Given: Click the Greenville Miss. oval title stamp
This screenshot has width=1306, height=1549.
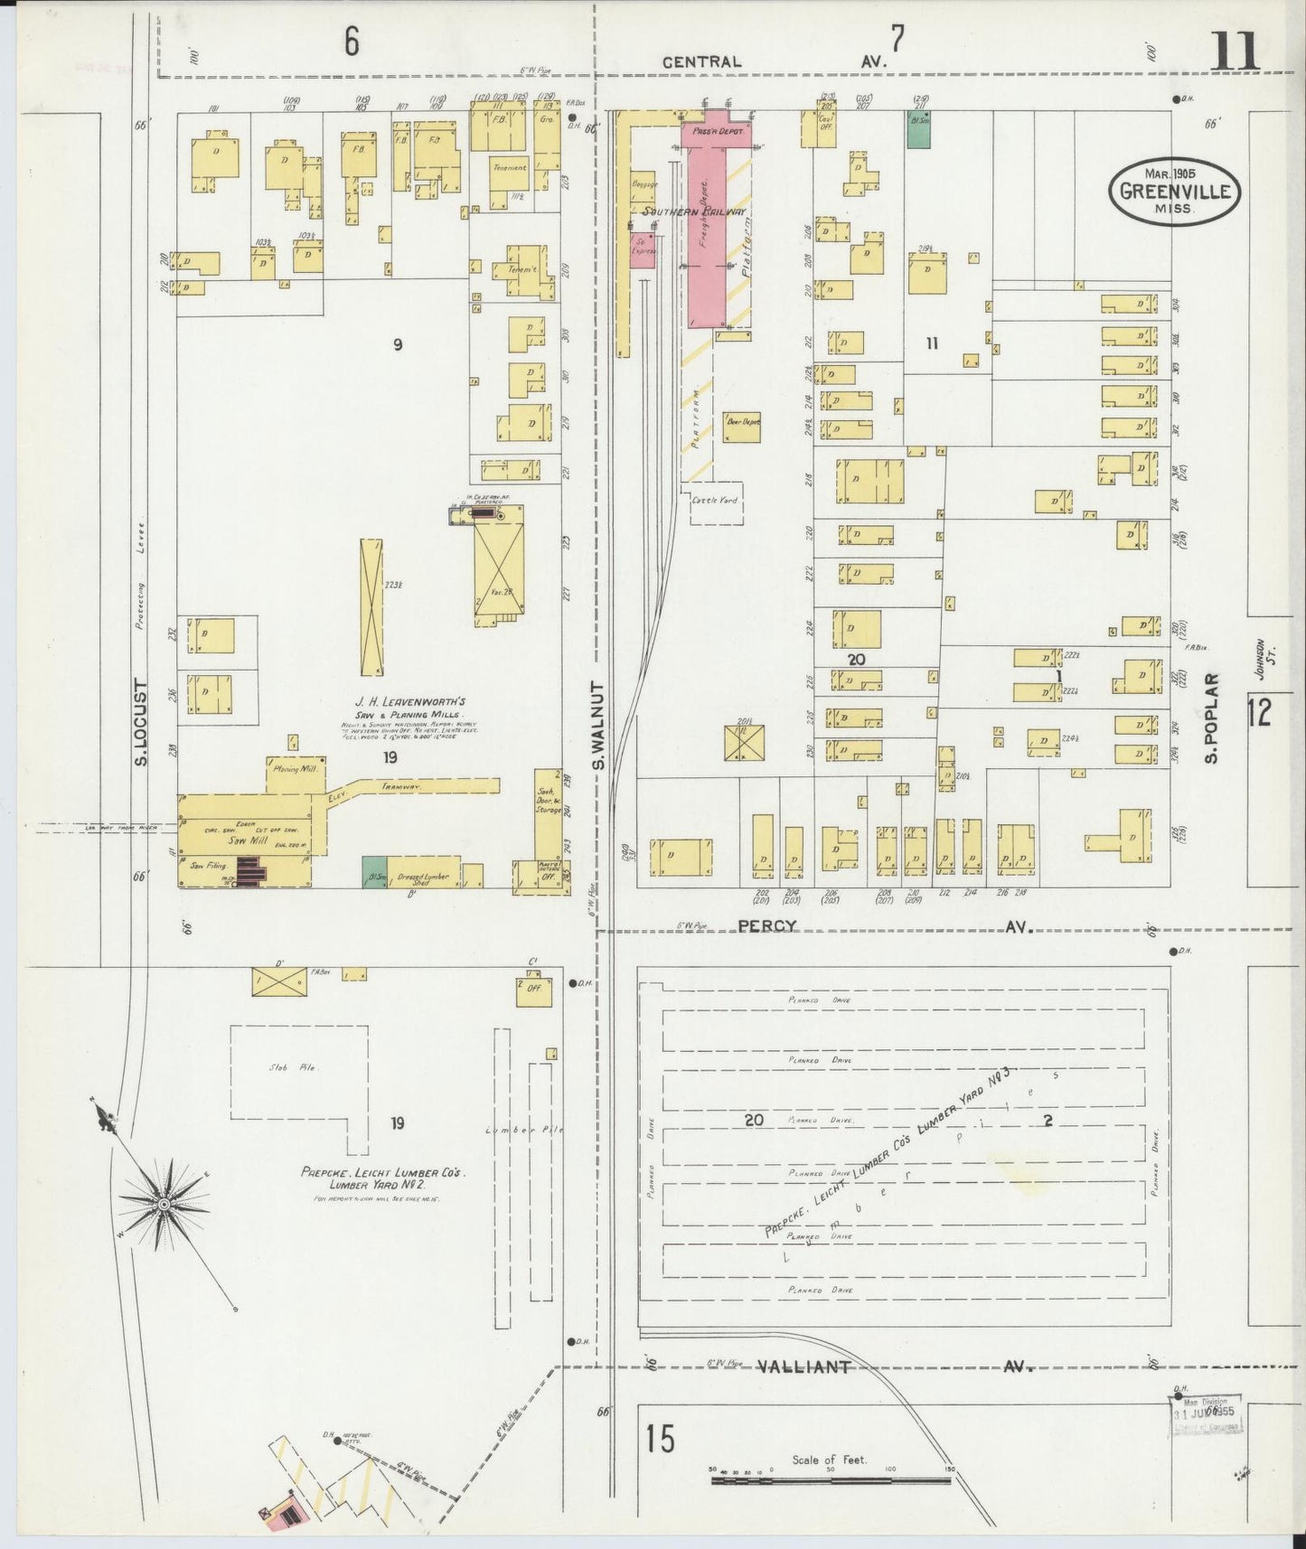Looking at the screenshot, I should (x=1174, y=191).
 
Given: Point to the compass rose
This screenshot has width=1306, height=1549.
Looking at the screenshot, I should (x=164, y=1205).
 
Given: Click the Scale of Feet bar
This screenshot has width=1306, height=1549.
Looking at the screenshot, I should (x=831, y=1481).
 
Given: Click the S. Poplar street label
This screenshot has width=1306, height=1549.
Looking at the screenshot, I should (x=1211, y=717).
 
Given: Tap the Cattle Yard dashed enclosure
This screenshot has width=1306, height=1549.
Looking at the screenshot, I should (x=716, y=502).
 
